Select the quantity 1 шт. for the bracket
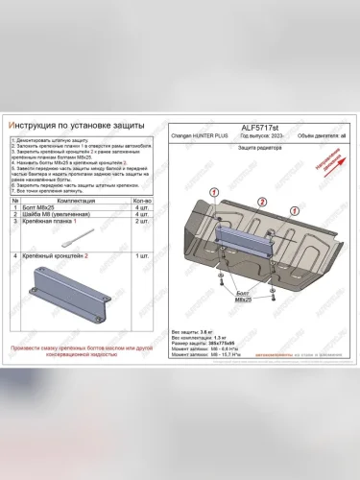point(144,257)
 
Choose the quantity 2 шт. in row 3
point(144,221)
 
